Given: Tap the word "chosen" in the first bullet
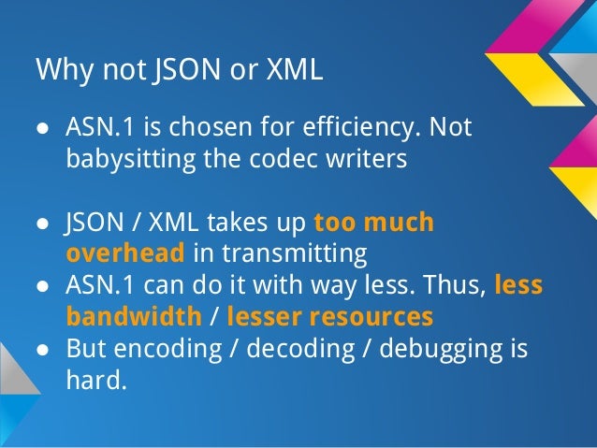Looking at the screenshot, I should (197, 126).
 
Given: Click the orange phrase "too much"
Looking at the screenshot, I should (374, 223).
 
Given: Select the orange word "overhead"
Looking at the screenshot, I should (126, 253).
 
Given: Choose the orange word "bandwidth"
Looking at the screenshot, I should (132, 316).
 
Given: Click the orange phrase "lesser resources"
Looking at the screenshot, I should (329, 316).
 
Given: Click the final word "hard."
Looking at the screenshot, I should (95, 380).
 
